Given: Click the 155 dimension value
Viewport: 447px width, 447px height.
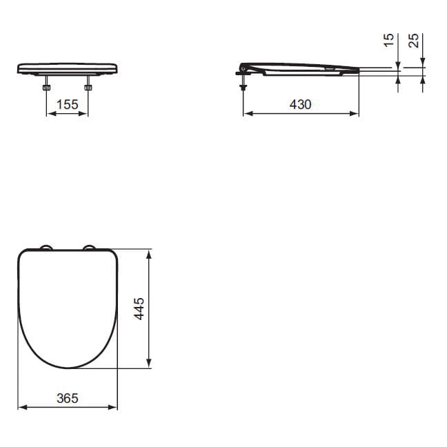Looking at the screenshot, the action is [x=68, y=104].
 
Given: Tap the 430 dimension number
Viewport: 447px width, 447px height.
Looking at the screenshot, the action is [x=301, y=104].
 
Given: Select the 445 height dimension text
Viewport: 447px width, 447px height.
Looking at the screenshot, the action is [x=139, y=309].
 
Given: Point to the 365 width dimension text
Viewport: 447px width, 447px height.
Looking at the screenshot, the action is [x=68, y=398].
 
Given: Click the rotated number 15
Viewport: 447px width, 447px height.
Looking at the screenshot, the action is [x=388, y=40].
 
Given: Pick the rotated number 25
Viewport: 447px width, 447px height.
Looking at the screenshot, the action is [x=414, y=41].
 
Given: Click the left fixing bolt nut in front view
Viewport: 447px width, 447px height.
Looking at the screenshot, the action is [x=46, y=87].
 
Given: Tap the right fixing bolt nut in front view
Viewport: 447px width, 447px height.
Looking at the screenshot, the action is [x=88, y=87].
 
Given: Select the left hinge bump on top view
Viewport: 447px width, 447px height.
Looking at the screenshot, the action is [x=46, y=247].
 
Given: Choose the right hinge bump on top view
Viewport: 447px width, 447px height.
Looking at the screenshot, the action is [x=90, y=247].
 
